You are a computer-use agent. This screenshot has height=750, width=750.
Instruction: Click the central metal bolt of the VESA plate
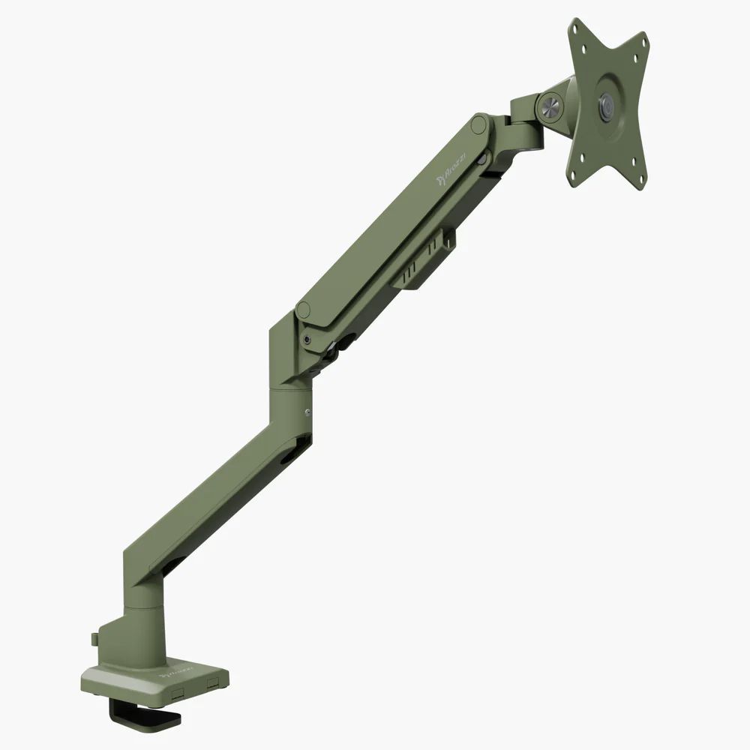(606, 106)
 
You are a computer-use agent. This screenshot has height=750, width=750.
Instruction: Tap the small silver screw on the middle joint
(307, 411)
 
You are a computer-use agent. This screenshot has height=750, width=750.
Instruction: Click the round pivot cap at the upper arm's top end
(478, 124)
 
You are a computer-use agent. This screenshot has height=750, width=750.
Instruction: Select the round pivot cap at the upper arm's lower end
(303, 309)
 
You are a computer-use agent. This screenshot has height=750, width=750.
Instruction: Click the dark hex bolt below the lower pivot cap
(307, 340)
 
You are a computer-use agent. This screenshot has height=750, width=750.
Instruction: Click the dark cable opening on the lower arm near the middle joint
(295, 449)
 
